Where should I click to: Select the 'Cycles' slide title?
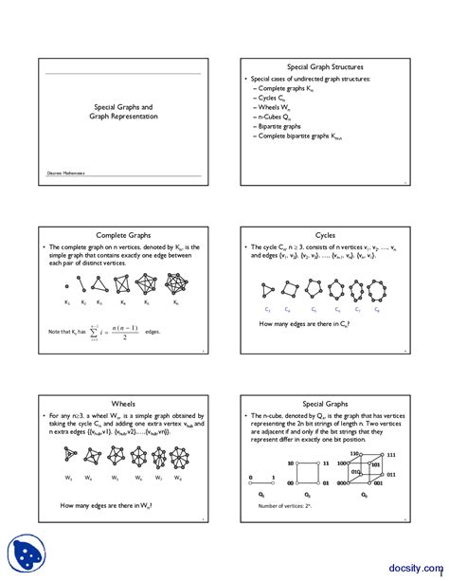pyautogui.click(x=325, y=235)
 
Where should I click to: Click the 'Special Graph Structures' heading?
pyautogui.click(x=325, y=67)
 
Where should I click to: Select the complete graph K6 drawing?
pyautogui.click(x=177, y=284)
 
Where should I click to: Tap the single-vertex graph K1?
pyautogui.click(x=66, y=285)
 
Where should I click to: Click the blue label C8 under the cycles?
pyautogui.click(x=377, y=309)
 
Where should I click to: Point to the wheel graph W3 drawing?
pyautogui.click(x=67, y=457)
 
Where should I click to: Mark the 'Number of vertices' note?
pyautogui.click(x=285, y=506)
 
